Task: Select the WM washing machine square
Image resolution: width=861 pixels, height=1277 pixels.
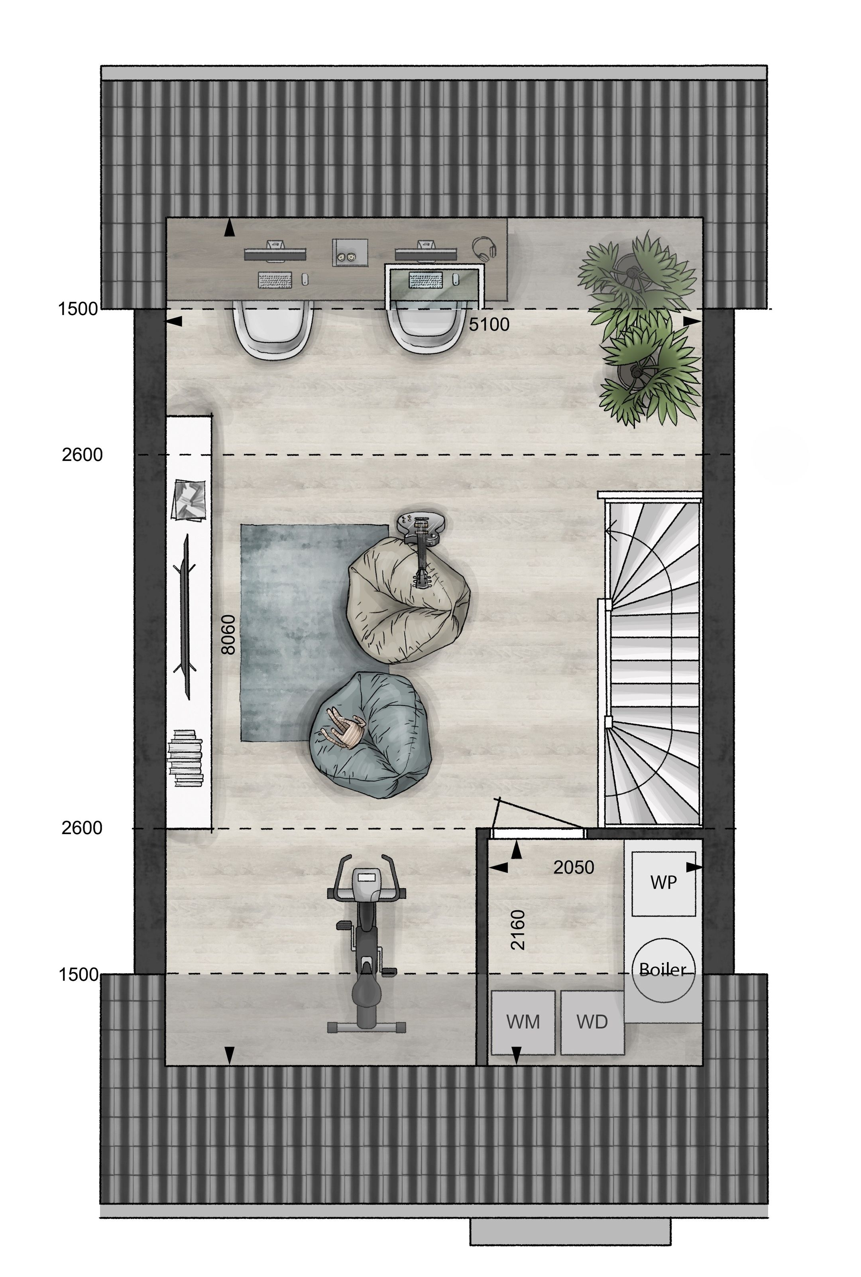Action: [x=523, y=1023]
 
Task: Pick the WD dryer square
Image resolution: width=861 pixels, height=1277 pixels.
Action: [x=592, y=1023]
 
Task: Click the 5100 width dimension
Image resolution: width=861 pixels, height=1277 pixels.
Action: [x=489, y=325]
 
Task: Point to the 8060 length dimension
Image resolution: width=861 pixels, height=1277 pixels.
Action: [x=228, y=634]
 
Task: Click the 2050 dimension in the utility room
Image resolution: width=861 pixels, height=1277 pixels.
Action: [x=573, y=867]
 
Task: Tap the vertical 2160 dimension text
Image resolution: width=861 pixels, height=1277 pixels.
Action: [x=518, y=930]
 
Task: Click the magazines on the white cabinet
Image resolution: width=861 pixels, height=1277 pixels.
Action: [x=188, y=499]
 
